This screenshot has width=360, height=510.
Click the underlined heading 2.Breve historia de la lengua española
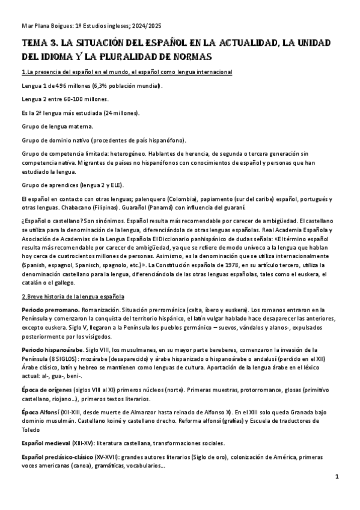pyautogui.click(x=73, y=296)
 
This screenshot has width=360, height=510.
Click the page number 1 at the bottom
pyautogui.click(x=338, y=477)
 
